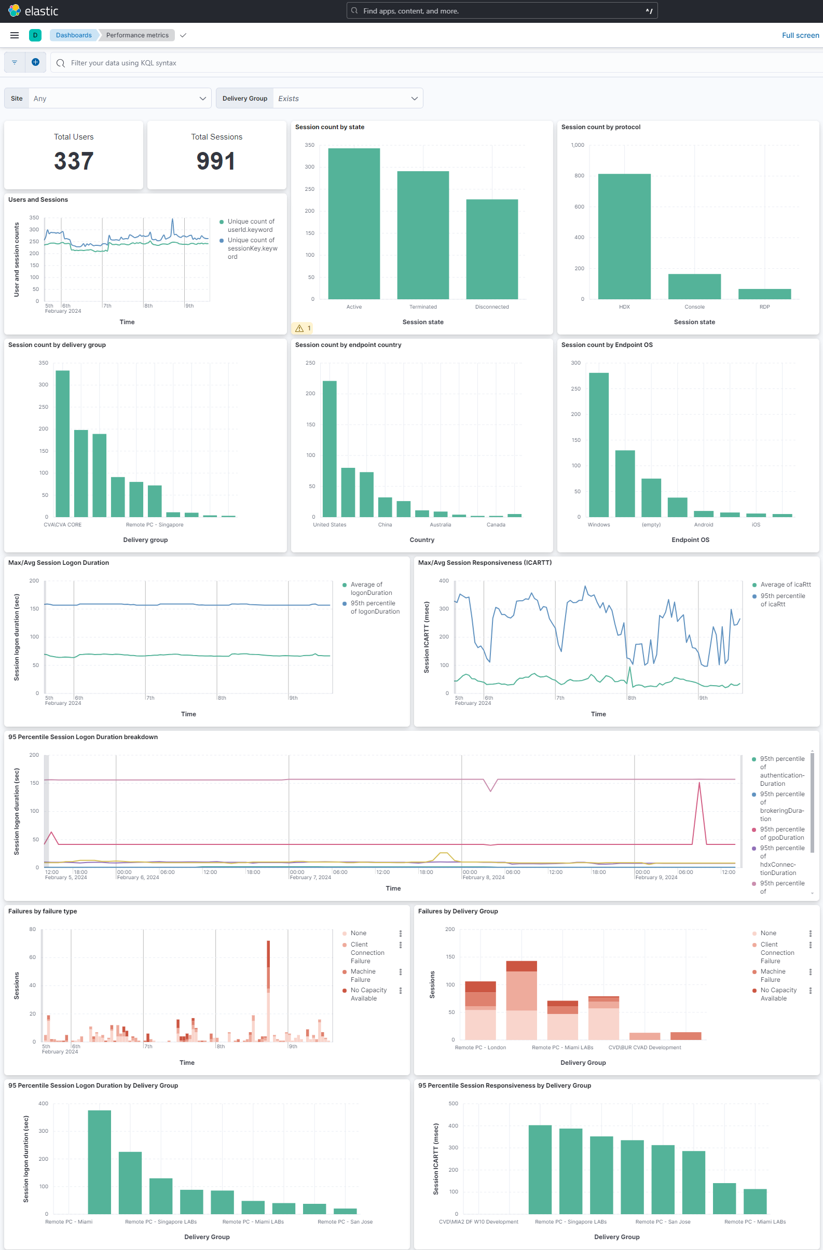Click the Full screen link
pos(800,35)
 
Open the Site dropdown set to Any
pos(120,98)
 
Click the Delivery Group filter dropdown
pos(347,98)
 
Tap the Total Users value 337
pos(74,161)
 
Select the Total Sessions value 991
pos(216,161)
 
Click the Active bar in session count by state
pos(354,223)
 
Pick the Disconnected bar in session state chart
pos(492,249)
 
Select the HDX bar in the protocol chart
pos(624,237)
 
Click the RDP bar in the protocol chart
pos(764,294)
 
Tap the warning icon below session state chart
pos(299,328)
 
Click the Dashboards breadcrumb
pos(74,35)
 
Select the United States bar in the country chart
pos(330,449)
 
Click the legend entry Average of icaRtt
pos(785,585)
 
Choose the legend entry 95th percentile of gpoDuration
pos(781,833)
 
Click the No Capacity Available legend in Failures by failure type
pos(368,994)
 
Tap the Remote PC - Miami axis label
pos(69,1221)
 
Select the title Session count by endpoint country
pos(348,345)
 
